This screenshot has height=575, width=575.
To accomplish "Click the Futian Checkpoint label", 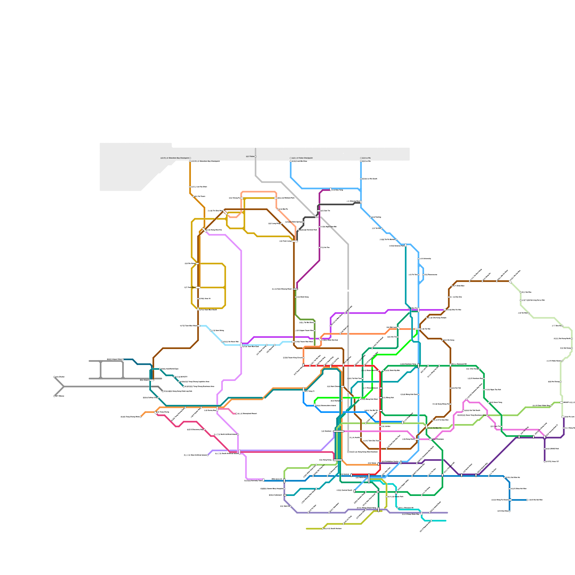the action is [x=302, y=158].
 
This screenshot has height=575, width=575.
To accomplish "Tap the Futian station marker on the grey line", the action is [x=256, y=157].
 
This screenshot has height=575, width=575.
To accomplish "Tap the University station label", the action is [x=425, y=258].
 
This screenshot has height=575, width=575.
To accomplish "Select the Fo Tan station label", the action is [x=413, y=275].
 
